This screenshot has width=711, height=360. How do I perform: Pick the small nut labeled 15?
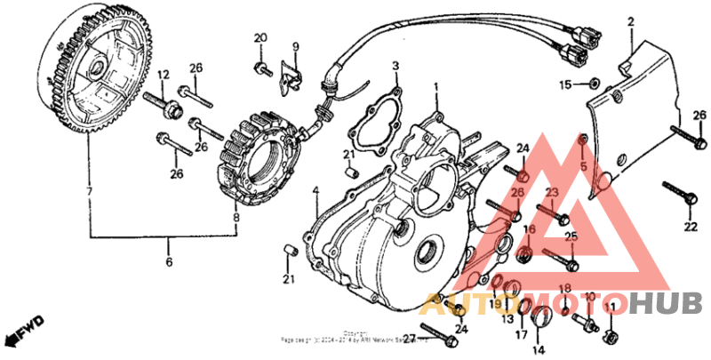click(593, 84)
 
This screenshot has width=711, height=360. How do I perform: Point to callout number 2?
click(631, 20)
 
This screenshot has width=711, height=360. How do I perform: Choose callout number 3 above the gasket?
click(396, 66)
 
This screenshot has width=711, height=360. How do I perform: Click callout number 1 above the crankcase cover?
click(436, 87)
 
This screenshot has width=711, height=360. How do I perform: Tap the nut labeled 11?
click(611, 336)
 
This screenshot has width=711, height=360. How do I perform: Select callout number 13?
click(507, 318)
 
